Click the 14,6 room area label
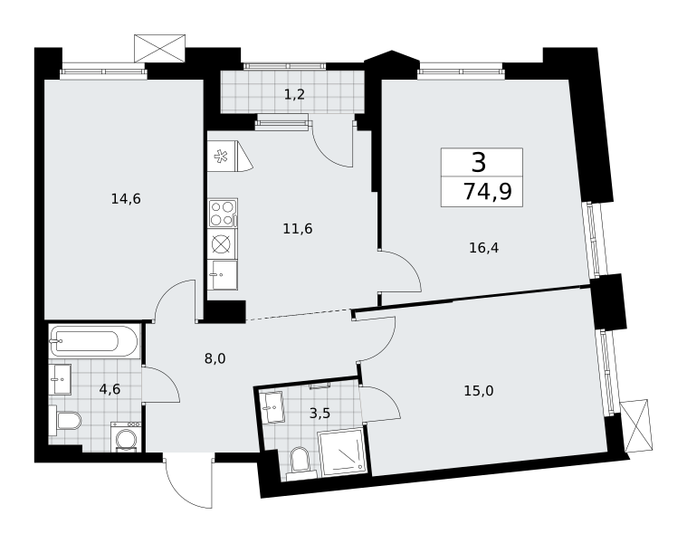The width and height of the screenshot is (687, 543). [126, 199]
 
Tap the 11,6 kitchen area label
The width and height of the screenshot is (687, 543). [298, 229]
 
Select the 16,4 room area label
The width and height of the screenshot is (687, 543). [483, 248]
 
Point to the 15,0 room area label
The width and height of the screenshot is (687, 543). [479, 391]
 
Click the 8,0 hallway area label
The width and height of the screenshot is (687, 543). [215, 359]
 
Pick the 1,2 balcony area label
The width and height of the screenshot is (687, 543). [294, 94]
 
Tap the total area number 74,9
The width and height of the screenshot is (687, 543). [488, 191]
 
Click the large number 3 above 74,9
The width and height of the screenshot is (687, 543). [480, 162]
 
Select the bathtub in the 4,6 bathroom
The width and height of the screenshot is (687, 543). [94, 341]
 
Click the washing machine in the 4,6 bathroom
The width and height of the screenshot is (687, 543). [126, 436]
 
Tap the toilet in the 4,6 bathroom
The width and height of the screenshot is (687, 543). [65, 421]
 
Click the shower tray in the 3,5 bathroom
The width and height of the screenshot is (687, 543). [342, 452]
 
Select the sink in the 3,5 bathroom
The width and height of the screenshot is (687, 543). [272, 407]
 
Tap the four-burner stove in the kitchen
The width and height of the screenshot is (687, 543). [223, 213]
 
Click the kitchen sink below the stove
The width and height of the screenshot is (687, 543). [223, 274]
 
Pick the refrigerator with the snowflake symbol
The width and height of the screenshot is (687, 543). [230, 156]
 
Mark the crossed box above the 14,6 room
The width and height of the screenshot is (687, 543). [160, 48]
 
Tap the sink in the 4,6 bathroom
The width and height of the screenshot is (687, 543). [60, 379]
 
